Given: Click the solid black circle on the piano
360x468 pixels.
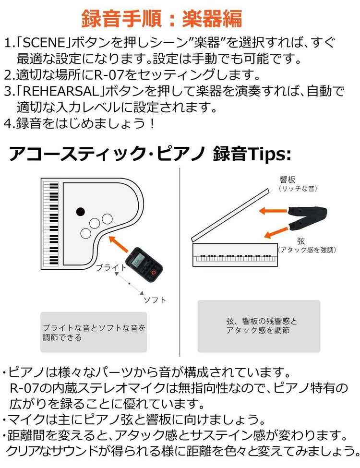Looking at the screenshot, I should pos(80,211).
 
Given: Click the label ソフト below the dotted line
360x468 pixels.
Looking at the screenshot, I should pos(155,300).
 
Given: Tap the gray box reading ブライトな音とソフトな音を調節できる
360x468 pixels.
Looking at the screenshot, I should pos(94,332).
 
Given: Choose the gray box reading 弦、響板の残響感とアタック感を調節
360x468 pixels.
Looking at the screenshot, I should pos(259,326).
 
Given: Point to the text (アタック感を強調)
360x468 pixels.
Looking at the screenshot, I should pos(307,250).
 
